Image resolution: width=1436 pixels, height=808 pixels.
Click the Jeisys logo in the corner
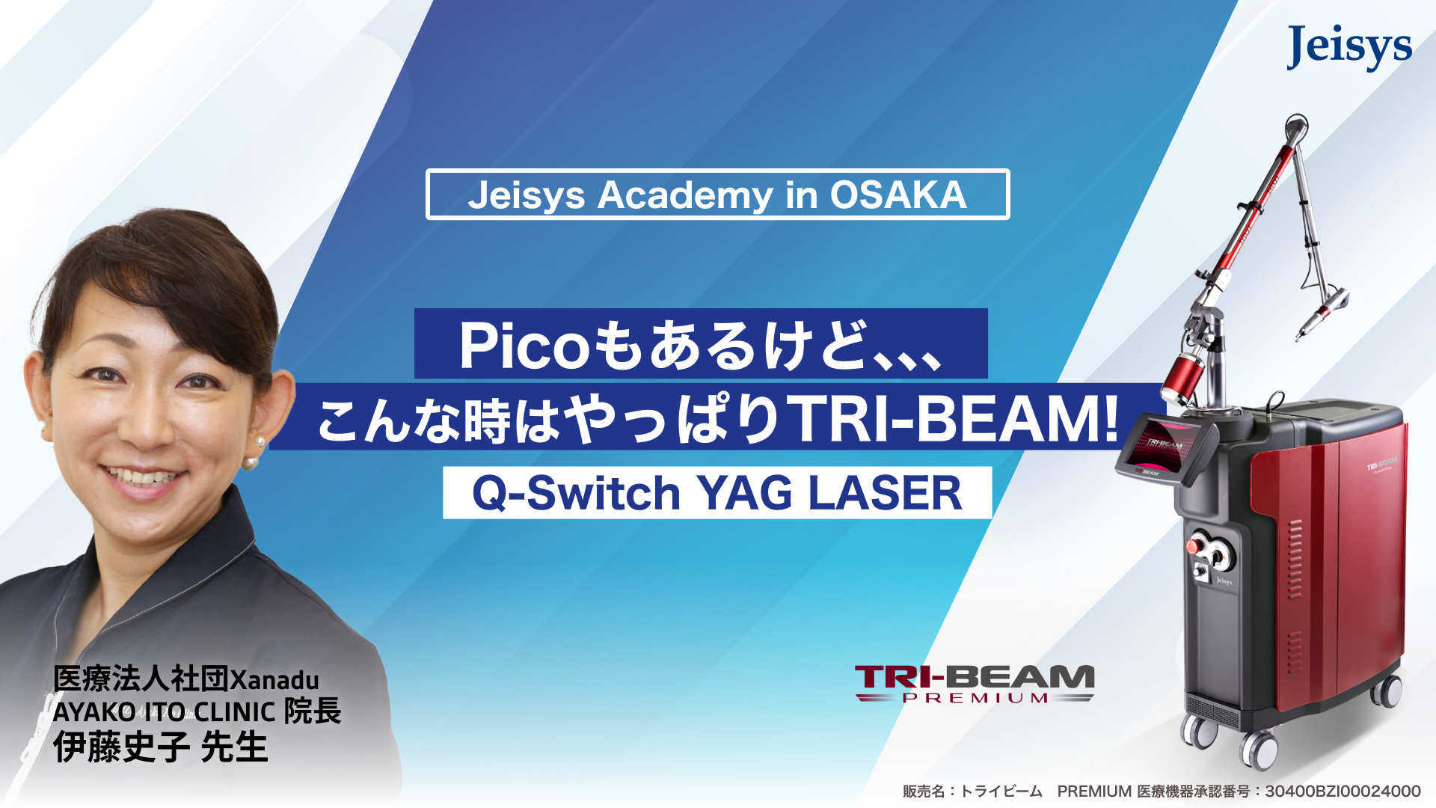click(x=1349, y=48)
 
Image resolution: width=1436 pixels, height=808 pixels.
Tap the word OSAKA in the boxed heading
click(x=898, y=195)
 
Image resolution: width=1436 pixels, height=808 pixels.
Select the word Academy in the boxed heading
click(x=684, y=196)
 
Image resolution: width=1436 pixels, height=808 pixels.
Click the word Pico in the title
click(x=525, y=345)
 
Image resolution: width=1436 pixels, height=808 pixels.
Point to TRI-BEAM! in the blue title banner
click(x=955, y=419)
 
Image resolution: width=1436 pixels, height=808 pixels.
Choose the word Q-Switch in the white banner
click(x=576, y=493)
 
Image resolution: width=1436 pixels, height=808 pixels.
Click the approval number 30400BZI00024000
click(x=1343, y=791)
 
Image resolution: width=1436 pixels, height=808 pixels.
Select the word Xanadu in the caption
click(x=274, y=679)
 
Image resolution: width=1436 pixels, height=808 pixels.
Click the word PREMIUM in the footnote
click(x=1093, y=791)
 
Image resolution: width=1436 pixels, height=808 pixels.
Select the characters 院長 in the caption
click(x=313, y=711)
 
